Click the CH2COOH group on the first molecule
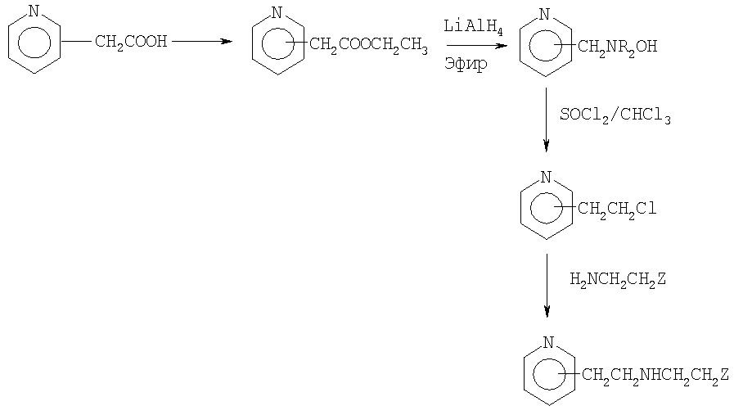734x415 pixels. pyautogui.click(x=131, y=42)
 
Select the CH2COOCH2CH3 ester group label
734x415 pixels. pyautogui.click(x=368, y=45)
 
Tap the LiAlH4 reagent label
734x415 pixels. pyautogui.click(x=473, y=27)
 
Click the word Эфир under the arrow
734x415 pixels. pyautogui.click(x=466, y=63)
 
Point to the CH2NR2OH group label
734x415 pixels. pyautogui.click(x=618, y=47)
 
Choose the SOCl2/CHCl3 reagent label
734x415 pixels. pyautogui.click(x=615, y=115)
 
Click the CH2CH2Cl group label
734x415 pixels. pyautogui.click(x=617, y=209)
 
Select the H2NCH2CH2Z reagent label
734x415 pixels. pyautogui.click(x=618, y=280)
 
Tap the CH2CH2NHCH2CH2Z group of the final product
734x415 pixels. pyautogui.click(x=655, y=375)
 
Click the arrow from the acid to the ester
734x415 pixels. pyautogui.click(x=202, y=41)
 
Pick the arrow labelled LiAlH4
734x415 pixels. pyautogui.click(x=477, y=46)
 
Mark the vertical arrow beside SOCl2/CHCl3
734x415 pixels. pyautogui.click(x=546, y=120)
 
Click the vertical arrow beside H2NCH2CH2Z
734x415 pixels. pyautogui.click(x=547, y=286)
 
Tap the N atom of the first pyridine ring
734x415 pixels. pyautogui.click(x=34, y=11)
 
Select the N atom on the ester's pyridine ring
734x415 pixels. pyautogui.click(x=277, y=12)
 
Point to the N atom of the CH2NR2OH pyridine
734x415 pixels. pyautogui.click(x=544, y=14)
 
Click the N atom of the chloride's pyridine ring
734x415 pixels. pyautogui.click(x=546, y=177)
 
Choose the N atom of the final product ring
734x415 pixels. pyautogui.click(x=548, y=342)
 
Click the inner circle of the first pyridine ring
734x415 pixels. pyautogui.click(x=18, y=43)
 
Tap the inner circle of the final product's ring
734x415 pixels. pyautogui.click(x=534, y=374)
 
